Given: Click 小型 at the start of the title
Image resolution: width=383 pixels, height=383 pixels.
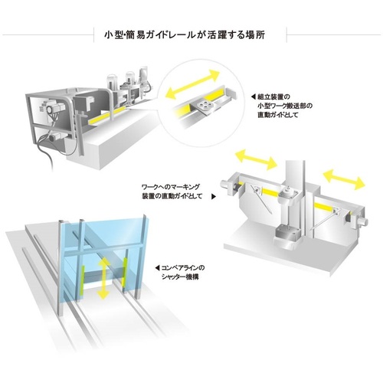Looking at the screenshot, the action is [x=113, y=35].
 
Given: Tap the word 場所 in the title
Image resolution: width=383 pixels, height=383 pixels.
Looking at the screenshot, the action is [x=256, y=35].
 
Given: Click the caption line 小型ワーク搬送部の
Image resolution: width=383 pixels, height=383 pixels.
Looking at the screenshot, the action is [x=285, y=106].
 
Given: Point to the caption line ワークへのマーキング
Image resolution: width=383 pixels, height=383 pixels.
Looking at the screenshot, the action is [x=171, y=187].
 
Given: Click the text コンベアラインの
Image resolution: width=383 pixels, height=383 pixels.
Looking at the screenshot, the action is [x=183, y=268].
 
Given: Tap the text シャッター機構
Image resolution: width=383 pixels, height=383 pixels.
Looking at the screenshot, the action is [x=180, y=277].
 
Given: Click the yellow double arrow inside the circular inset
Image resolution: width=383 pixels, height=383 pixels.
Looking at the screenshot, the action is [x=192, y=84].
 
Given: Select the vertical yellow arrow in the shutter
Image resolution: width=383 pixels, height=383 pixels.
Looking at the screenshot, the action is [x=103, y=278].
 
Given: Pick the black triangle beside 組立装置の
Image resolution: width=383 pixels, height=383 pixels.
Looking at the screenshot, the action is [x=254, y=97].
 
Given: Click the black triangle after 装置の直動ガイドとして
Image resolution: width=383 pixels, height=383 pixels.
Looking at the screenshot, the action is [x=214, y=197].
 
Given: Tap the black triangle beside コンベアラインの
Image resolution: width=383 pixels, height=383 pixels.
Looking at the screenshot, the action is [x=157, y=268].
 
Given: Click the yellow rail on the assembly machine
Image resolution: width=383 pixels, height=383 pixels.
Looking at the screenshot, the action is [x=106, y=116].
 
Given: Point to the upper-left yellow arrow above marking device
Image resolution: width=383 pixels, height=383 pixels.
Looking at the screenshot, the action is [x=256, y=159].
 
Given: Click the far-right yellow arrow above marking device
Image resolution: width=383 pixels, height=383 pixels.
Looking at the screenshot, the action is [x=344, y=179].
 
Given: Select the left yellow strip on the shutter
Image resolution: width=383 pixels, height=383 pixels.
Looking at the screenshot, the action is [x=83, y=280].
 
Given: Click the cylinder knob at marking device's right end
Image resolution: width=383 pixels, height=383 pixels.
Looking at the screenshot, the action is [x=363, y=221].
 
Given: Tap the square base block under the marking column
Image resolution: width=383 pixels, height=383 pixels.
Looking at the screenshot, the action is [x=287, y=234].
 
